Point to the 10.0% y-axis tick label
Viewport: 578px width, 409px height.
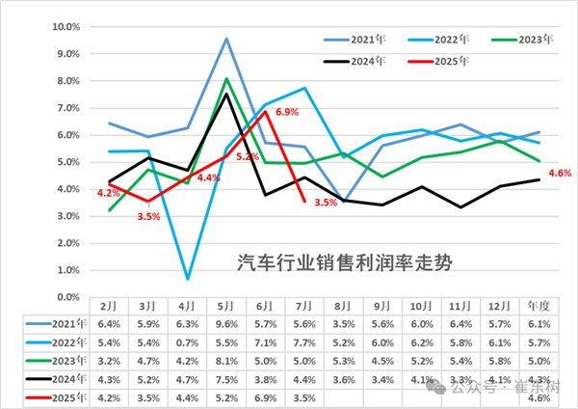pos(65,27)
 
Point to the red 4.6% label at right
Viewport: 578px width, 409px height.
pos(559,173)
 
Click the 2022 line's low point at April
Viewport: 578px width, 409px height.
pos(188,279)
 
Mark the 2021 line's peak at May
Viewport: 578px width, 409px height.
pos(225,39)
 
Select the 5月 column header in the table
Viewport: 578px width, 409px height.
pos(225,306)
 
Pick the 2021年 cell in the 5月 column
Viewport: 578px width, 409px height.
pos(225,323)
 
